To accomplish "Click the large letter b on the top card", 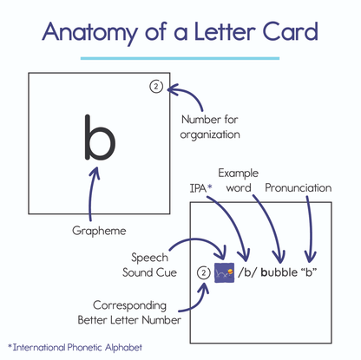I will pyautogui.click(x=98, y=136).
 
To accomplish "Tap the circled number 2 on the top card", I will pyautogui.click(x=155, y=87).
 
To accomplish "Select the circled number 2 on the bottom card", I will pyautogui.click(x=202, y=273).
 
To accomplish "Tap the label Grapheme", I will pyautogui.click(x=98, y=231).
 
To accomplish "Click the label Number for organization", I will pyautogui.click(x=210, y=127).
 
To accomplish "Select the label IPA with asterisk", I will pyautogui.click(x=200, y=187).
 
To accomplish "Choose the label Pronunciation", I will pyautogui.click(x=299, y=187).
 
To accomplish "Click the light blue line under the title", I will pyautogui.click(x=180, y=58).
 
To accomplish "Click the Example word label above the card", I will pyautogui.click(x=240, y=180).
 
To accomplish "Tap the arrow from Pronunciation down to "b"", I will pyautogui.click(x=310, y=226).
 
